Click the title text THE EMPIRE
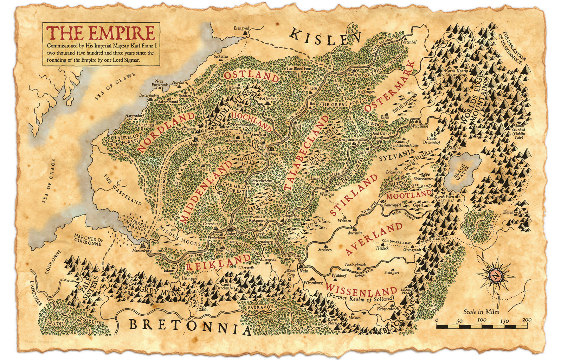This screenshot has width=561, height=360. coord(102,33)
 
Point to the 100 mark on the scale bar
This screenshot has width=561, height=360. coord(482,320)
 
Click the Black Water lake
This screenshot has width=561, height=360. coord(462,170)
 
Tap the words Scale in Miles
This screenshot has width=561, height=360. coord(481,311)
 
